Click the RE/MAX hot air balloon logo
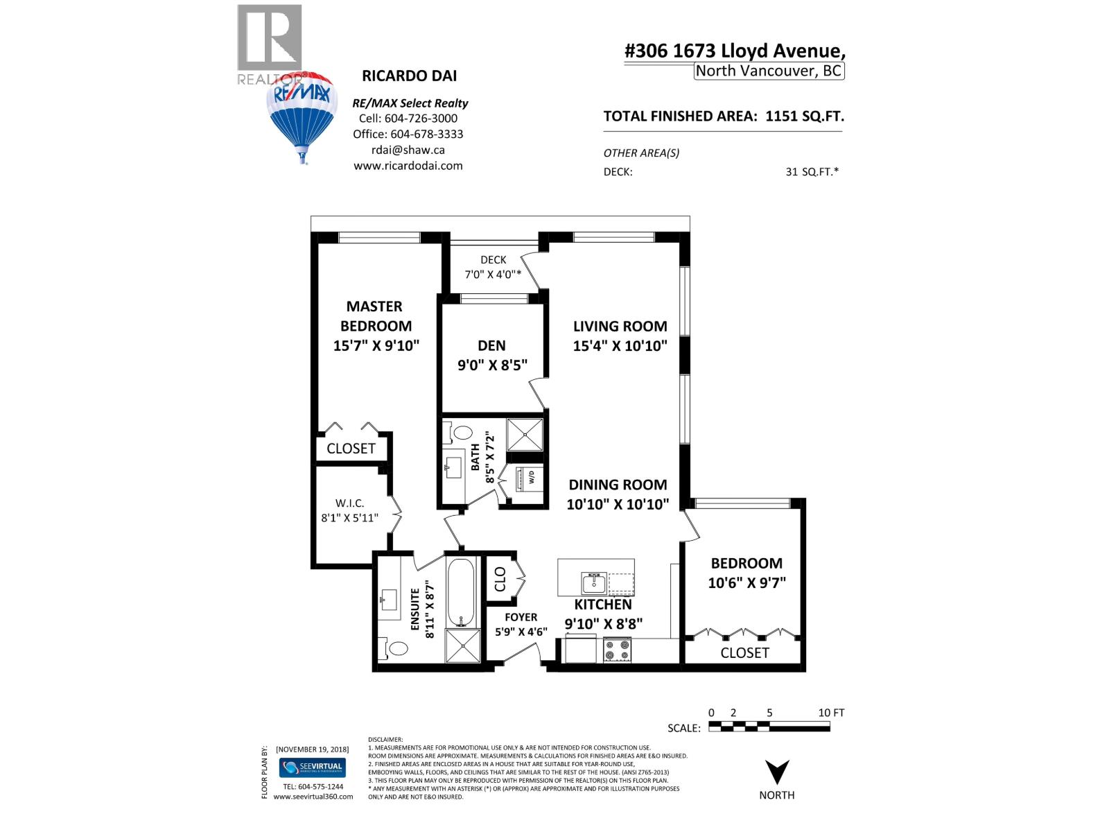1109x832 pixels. pyautogui.click(x=302, y=114)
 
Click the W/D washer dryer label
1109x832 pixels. pyautogui.click(x=532, y=477)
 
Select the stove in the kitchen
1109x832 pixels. pyautogui.click(x=617, y=650)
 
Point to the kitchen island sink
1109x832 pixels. pyautogui.click(x=594, y=584)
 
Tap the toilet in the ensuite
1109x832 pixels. pyautogui.click(x=397, y=648)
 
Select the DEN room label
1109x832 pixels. pyautogui.click(x=491, y=345)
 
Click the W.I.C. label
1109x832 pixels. pyautogui.click(x=349, y=503)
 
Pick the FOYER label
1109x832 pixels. pyautogui.click(x=521, y=616)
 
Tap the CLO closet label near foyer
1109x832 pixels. pyautogui.click(x=500, y=579)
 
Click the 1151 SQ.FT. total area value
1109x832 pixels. pyautogui.click(x=804, y=116)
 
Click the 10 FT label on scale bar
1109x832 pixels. pyautogui.click(x=831, y=712)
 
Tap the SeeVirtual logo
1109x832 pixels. pyautogui.click(x=312, y=768)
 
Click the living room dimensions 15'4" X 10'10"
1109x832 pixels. pyautogui.click(x=620, y=345)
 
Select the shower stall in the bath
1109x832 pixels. pyautogui.click(x=525, y=434)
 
